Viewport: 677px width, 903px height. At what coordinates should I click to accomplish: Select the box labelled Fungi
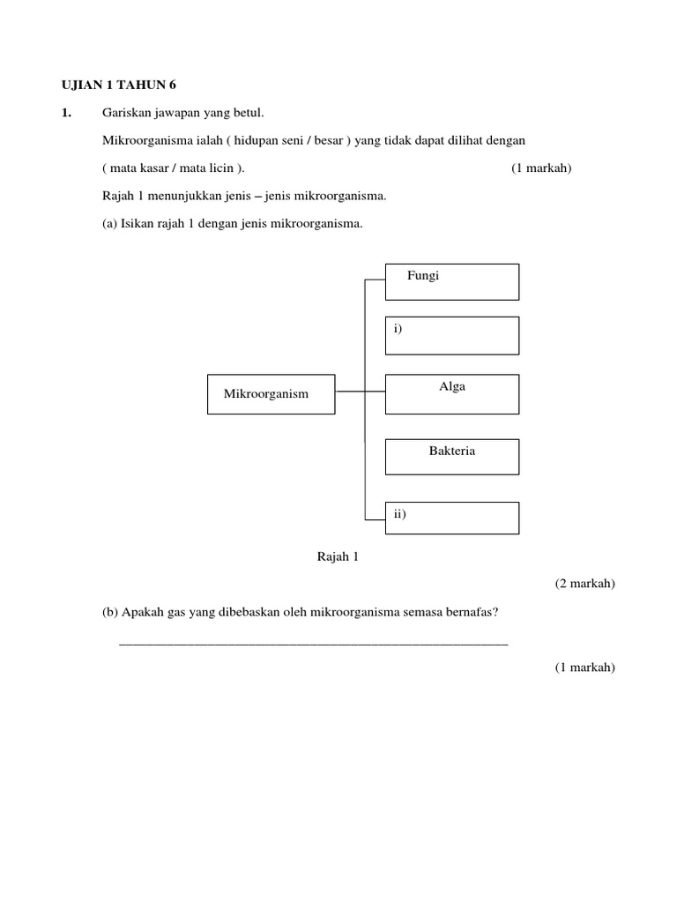click(452, 282)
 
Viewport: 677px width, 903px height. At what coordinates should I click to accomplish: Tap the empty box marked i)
click(452, 335)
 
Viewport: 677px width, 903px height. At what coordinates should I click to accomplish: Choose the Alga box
click(452, 393)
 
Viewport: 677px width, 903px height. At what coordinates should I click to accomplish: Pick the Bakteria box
click(452, 457)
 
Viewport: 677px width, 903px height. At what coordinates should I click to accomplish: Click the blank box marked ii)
click(452, 518)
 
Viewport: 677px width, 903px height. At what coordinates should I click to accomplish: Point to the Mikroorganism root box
click(272, 393)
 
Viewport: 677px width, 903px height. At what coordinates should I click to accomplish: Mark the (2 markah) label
click(584, 583)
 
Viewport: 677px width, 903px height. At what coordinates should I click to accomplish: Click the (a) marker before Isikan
click(110, 224)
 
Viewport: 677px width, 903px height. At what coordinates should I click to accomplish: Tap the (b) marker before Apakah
click(111, 612)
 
